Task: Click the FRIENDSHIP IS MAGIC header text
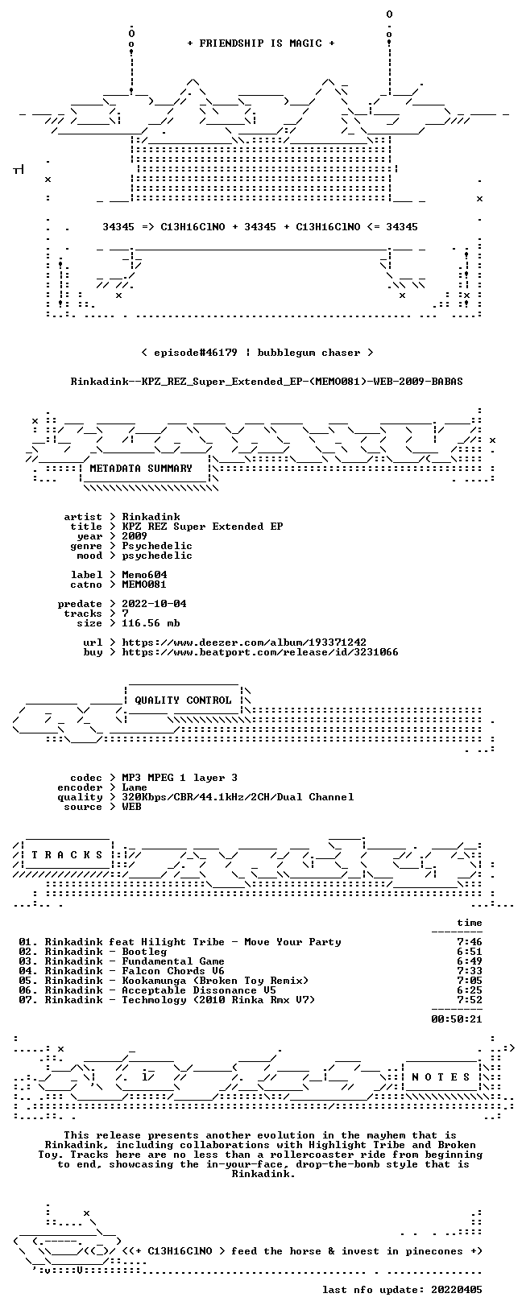[261, 43]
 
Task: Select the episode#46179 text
[196, 353]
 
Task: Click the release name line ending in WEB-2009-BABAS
[267, 382]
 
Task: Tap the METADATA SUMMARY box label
[141, 468]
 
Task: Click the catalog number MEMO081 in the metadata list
[144, 585]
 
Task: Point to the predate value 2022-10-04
[154, 604]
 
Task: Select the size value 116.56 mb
[151, 623]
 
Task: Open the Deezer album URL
[244, 643]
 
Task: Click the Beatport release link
[260, 651]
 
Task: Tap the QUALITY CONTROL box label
[183, 700]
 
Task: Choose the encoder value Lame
[135, 787]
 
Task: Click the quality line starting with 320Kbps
[238, 796]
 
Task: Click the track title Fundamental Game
[173, 961]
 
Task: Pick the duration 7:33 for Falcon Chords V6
[470, 971]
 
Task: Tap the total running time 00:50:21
[457, 1019]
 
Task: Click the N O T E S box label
[441, 1077]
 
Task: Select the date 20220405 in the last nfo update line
[457, 1289]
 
